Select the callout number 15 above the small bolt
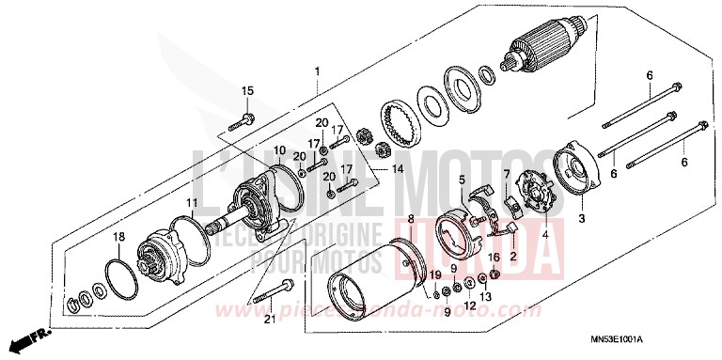point(248,90)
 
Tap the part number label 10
point(279,150)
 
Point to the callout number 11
point(191,203)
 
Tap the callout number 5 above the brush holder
point(462,179)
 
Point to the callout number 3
point(581,218)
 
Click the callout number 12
point(468,306)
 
